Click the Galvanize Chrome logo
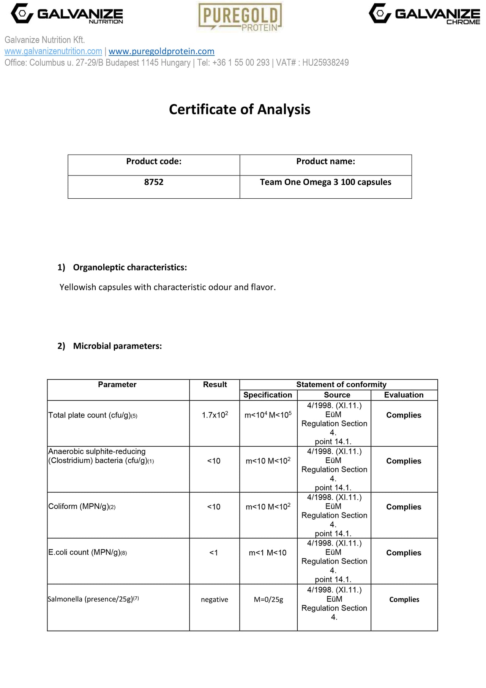[x=424, y=14]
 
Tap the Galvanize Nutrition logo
[x=67, y=14]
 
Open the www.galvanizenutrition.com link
[x=53, y=51]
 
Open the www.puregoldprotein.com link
[x=161, y=51]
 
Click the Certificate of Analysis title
[x=240, y=109]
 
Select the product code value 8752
[x=154, y=182]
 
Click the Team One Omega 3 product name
[x=325, y=182]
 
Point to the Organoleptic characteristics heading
[x=130, y=267]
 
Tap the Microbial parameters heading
[x=117, y=346]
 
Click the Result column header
[x=215, y=384]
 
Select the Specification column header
[x=268, y=395]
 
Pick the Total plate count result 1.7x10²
[x=215, y=415]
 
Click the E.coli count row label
[x=87, y=552]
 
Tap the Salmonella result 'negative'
[x=215, y=599]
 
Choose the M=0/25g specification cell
[x=268, y=599]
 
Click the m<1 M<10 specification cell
[x=268, y=553]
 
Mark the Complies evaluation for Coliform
[x=404, y=507]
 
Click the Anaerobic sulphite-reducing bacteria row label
[x=101, y=456]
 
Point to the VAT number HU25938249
[x=325, y=63]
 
